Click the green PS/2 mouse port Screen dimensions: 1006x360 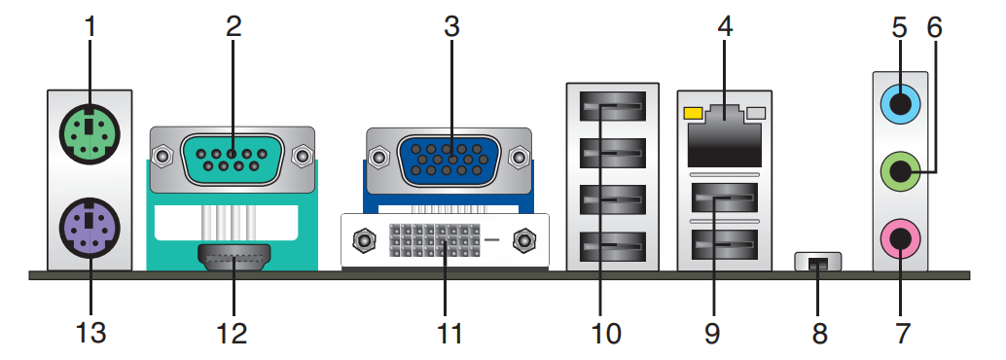click(90, 134)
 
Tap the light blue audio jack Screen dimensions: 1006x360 click(900, 103)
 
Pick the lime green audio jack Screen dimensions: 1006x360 click(900, 171)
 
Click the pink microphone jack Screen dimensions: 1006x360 click(900, 238)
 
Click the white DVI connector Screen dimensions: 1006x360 click(445, 240)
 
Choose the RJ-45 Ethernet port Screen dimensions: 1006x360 click(724, 136)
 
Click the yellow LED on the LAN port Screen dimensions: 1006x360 click(694, 113)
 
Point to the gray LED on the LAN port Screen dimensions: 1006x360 click(757, 113)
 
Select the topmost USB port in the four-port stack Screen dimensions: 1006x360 click(613, 106)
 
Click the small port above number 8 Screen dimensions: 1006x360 click(817, 262)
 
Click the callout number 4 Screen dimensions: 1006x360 click(725, 26)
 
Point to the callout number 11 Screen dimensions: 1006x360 click(449, 334)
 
